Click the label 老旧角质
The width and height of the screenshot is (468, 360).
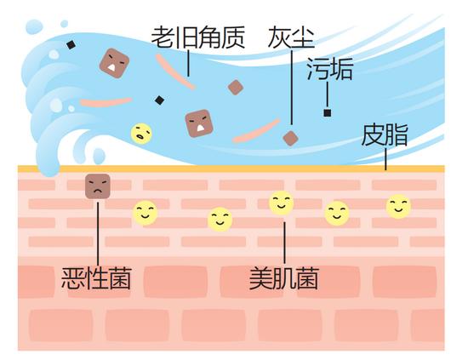point(198,37)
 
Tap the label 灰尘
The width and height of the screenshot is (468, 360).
point(291,37)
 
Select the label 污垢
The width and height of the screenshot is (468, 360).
point(330,69)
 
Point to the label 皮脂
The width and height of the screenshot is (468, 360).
point(385,135)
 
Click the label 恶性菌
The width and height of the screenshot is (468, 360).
point(96,278)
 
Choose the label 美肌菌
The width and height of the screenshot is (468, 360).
point(284,278)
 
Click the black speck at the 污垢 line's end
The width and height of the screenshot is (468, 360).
point(328,113)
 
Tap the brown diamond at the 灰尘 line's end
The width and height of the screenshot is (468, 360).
point(291,138)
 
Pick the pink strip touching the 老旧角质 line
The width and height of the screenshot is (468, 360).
point(175,71)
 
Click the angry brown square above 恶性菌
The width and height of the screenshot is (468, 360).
point(98,186)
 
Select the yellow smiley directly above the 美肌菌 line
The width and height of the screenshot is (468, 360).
point(282,203)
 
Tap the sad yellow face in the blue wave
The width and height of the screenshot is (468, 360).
point(141,134)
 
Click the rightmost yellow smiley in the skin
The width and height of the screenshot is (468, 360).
point(398,207)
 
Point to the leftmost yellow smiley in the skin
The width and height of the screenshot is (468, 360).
point(145,213)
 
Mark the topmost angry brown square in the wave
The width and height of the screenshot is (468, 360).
point(114,63)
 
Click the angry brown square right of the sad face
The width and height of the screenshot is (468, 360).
point(199,123)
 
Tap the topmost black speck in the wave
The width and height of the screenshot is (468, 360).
point(71,45)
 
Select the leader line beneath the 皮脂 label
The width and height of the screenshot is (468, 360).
point(385,159)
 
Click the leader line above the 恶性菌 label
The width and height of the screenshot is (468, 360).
point(98,234)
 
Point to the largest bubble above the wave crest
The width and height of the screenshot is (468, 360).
point(34,26)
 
